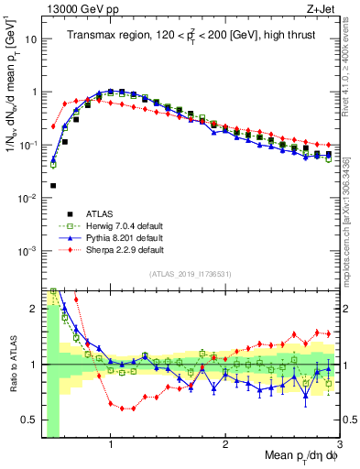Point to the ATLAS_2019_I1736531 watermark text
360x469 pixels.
[x=190, y=273]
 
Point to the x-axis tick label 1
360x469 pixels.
[x=111, y=444]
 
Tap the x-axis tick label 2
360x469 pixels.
[x=225, y=444]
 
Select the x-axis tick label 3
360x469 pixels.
[x=338, y=444]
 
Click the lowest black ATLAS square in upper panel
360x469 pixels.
[x=53, y=185]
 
